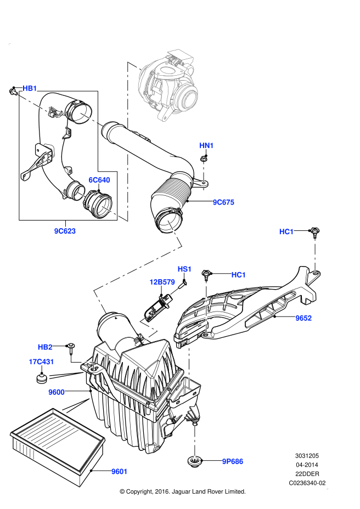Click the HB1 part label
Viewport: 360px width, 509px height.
click(30, 88)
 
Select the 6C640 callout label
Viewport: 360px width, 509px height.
click(99, 180)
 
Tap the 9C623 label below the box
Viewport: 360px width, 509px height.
click(64, 231)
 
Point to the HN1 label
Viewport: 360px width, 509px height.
click(206, 145)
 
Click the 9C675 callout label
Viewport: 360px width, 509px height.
click(223, 202)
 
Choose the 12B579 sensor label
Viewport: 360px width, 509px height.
click(162, 282)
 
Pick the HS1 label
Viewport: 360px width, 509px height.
click(184, 269)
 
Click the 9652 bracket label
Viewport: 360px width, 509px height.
click(303, 318)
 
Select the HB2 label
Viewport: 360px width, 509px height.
click(45, 347)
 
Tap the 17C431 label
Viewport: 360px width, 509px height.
click(41, 361)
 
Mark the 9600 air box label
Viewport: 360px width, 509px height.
click(56, 392)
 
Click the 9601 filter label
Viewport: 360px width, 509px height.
click(119, 471)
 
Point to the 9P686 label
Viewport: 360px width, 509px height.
click(232, 461)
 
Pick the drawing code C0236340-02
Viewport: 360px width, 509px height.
click(307, 483)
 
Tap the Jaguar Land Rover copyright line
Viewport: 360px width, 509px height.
click(182, 491)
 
